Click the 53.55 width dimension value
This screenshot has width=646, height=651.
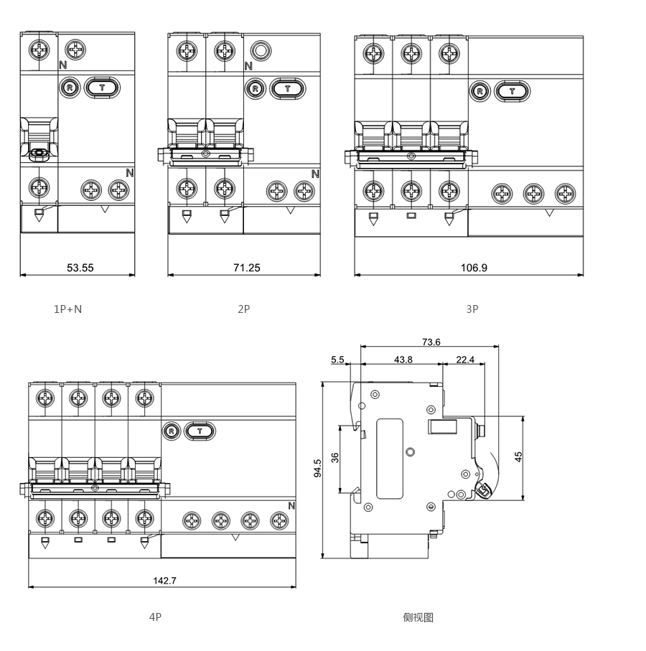[80, 268]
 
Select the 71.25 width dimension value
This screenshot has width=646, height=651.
[246, 268]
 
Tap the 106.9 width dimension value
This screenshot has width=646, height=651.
[474, 268]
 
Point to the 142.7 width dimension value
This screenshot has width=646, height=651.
[164, 581]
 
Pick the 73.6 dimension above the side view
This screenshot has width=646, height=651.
[431, 342]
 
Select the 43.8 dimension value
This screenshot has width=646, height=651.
[404, 360]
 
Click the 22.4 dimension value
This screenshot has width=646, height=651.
[465, 360]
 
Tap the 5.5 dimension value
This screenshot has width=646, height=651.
[338, 360]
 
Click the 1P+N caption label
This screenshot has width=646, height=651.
[68, 309]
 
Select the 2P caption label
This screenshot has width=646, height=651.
[244, 309]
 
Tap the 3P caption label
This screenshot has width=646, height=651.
[472, 309]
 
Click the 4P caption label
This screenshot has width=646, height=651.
[155, 617]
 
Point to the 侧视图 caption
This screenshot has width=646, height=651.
[418, 617]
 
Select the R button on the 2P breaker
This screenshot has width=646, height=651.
[254, 89]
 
